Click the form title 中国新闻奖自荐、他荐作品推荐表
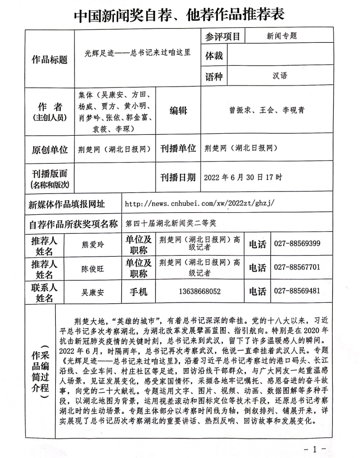[x=180, y=14]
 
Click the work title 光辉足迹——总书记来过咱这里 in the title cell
[x=138, y=52]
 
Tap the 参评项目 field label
[x=221, y=36]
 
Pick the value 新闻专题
[x=281, y=36]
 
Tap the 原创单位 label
[x=50, y=149]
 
